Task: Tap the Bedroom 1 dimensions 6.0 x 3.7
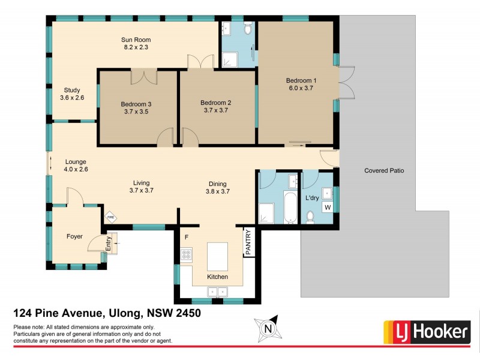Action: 301,88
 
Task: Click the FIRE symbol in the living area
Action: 110,217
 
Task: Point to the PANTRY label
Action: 248,244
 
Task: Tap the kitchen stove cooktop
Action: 186,254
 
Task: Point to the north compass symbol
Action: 268,329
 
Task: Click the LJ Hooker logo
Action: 427,331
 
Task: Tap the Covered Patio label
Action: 384,170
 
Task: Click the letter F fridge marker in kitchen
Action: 187,237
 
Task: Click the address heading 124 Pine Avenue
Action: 107,313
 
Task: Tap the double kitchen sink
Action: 217,292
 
